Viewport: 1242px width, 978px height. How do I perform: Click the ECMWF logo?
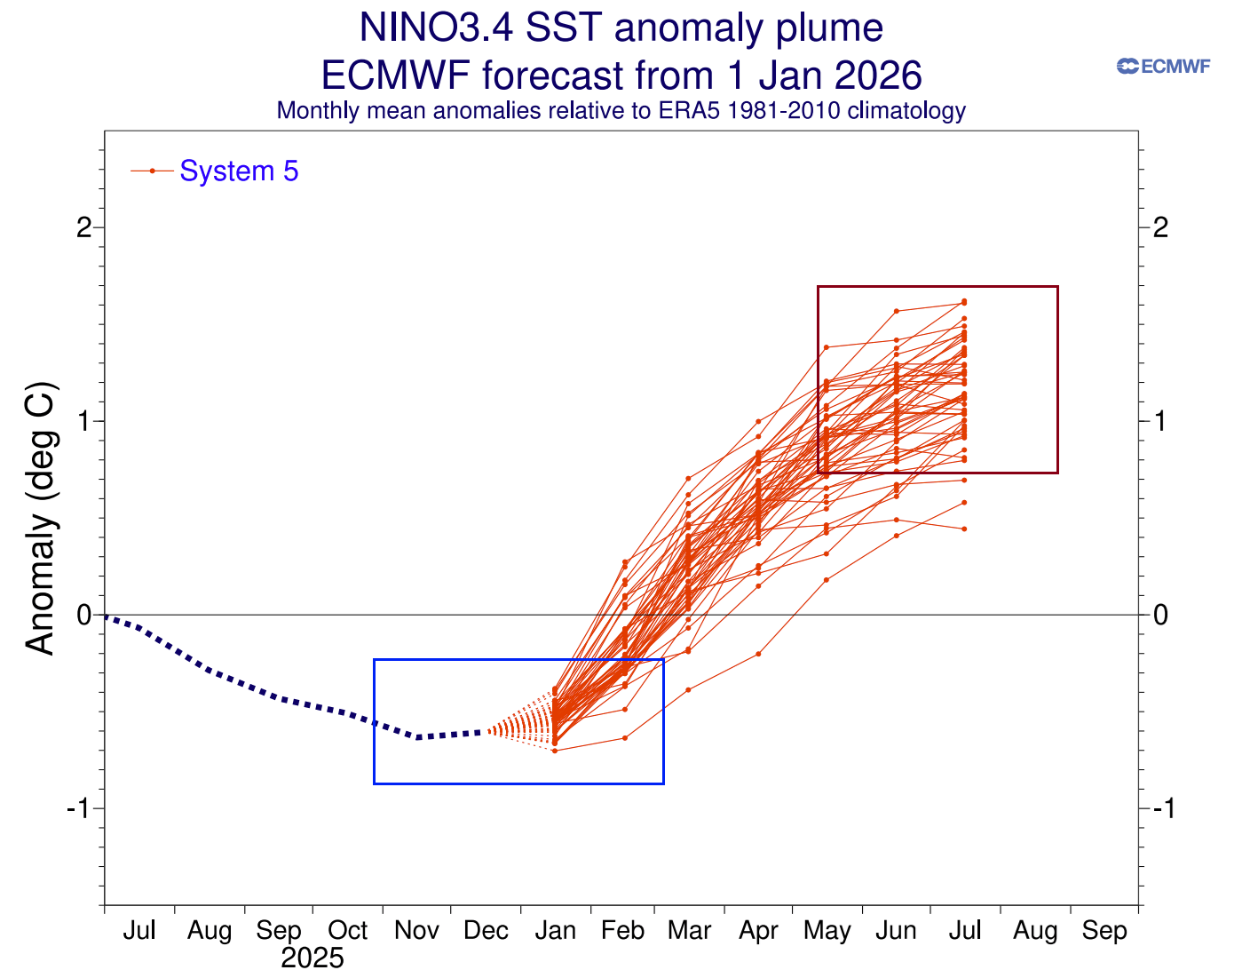coord(1163,66)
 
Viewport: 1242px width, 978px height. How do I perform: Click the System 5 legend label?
coord(239,171)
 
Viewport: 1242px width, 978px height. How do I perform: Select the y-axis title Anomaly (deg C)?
coord(41,520)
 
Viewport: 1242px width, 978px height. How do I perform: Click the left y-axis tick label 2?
coord(84,227)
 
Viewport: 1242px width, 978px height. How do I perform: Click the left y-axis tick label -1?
coord(79,808)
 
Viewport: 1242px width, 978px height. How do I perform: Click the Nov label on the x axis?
coord(416,930)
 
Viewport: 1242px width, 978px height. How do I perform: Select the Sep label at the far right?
coord(1104,930)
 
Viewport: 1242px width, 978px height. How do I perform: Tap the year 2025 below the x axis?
coord(312,958)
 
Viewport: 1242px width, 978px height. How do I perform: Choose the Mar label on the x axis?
coord(690,930)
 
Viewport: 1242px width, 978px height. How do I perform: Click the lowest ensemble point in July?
coord(964,529)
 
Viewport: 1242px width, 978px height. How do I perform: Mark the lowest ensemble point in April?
coord(758,654)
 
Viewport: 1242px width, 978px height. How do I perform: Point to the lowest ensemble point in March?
coord(688,689)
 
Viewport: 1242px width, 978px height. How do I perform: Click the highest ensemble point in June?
coord(897,311)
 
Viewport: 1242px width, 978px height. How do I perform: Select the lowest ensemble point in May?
coord(827,580)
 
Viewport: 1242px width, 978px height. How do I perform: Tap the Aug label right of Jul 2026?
coord(1035,930)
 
